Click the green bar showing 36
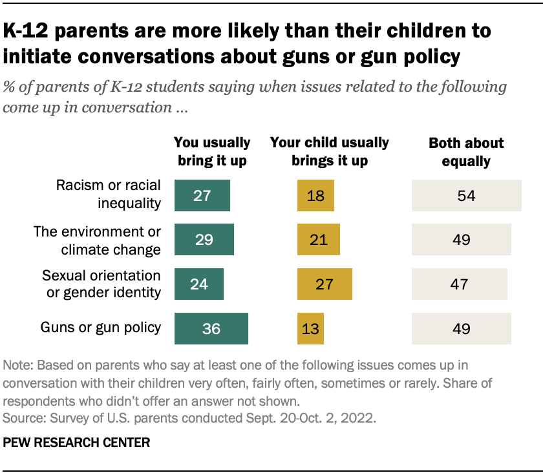[x=211, y=329]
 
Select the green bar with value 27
[x=202, y=195]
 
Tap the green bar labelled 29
[x=204, y=240]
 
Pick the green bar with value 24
[x=199, y=284]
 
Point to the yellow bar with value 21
[x=318, y=240]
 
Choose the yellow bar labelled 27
[x=325, y=284]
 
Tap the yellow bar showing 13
[x=310, y=329]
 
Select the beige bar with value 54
[x=466, y=195]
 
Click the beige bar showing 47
[x=459, y=284]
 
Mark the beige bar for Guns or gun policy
[x=461, y=329]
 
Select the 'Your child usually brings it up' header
[x=329, y=151]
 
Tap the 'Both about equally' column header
[x=465, y=151]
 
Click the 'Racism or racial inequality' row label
[x=109, y=195]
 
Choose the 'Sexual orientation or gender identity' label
[x=101, y=284]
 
